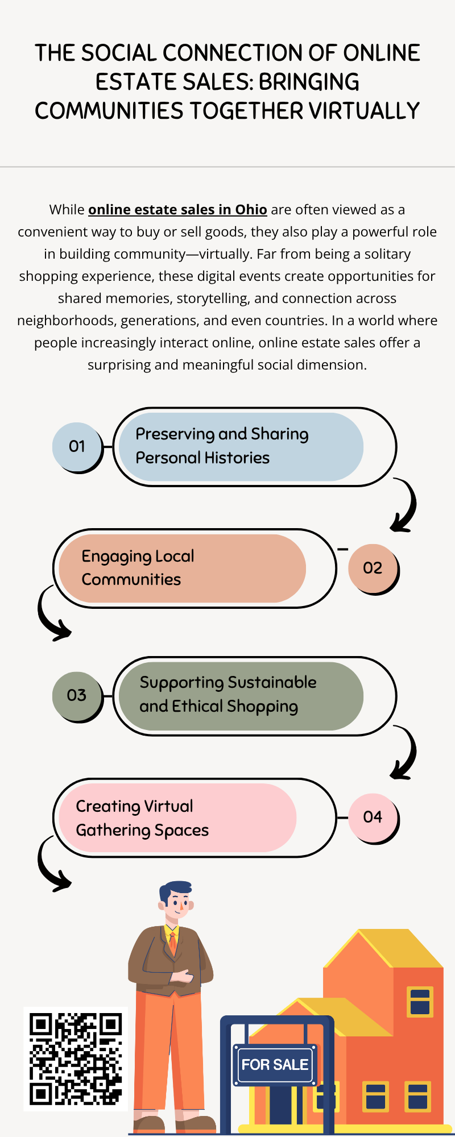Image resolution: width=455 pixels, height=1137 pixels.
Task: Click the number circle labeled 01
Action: click(76, 446)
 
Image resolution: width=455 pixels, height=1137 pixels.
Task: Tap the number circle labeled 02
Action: click(373, 568)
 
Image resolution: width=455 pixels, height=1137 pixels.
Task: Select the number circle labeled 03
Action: click(76, 695)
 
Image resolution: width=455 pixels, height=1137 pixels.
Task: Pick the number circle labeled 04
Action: click(373, 817)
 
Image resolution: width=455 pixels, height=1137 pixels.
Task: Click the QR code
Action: click(76, 1059)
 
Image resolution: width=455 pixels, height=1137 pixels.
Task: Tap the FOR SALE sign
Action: click(275, 1065)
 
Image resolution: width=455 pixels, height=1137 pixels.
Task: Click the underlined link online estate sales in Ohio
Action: click(177, 210)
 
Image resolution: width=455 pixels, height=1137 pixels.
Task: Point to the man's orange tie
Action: click(173, 943)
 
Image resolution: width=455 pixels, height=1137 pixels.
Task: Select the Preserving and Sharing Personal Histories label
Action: click(222, 446)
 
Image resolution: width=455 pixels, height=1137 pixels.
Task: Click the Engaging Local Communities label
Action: click(138, 567)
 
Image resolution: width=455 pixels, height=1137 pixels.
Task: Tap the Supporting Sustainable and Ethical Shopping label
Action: click(228, 694)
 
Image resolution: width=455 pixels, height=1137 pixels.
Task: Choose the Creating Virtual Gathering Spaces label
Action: click(142, 818)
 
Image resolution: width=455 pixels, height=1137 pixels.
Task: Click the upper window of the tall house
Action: click(420, 1002)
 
